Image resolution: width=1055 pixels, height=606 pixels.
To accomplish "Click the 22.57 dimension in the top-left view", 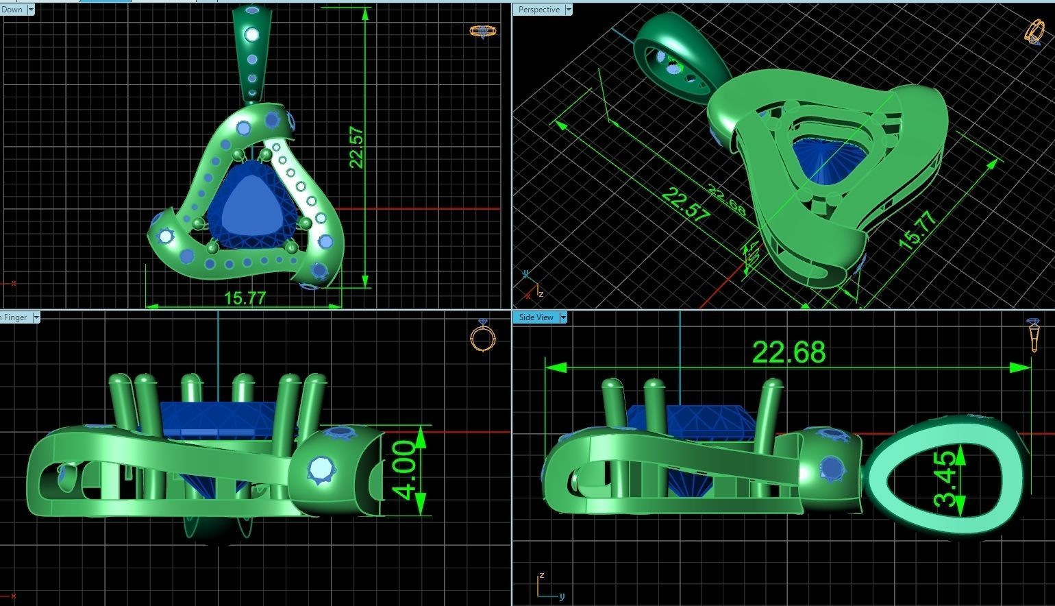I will pyautogui.click(x=356, y=147).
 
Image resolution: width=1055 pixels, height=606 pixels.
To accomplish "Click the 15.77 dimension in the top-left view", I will pyautogui.click(x=245, y=298).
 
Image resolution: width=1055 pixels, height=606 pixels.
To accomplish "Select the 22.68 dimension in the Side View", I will pyautogui.click(x=789, y=352).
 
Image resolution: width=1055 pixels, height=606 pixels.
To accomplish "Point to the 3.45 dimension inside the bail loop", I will pyautogui.click(x=945, y=478).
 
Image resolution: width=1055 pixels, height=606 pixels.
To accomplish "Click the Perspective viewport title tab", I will pyautogui.click(x=539, y=10).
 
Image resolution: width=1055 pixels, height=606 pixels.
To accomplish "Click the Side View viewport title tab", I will pyautogui.click(x=536, y=317).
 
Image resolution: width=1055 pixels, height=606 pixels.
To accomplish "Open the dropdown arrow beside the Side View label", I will pyautogui.click(x=563, y=317).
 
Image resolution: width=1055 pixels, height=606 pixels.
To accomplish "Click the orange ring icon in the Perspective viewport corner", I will pyautogui.click(x=1033, y=32).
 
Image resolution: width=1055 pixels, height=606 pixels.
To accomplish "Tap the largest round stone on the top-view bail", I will pyautogui.click(x=252, y=34).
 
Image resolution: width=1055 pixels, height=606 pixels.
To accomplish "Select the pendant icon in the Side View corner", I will pyautogui.click(x=1034, y=334).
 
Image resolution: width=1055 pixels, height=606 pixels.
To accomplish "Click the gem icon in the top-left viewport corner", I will pyautogui.click(x=480, y=31).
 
